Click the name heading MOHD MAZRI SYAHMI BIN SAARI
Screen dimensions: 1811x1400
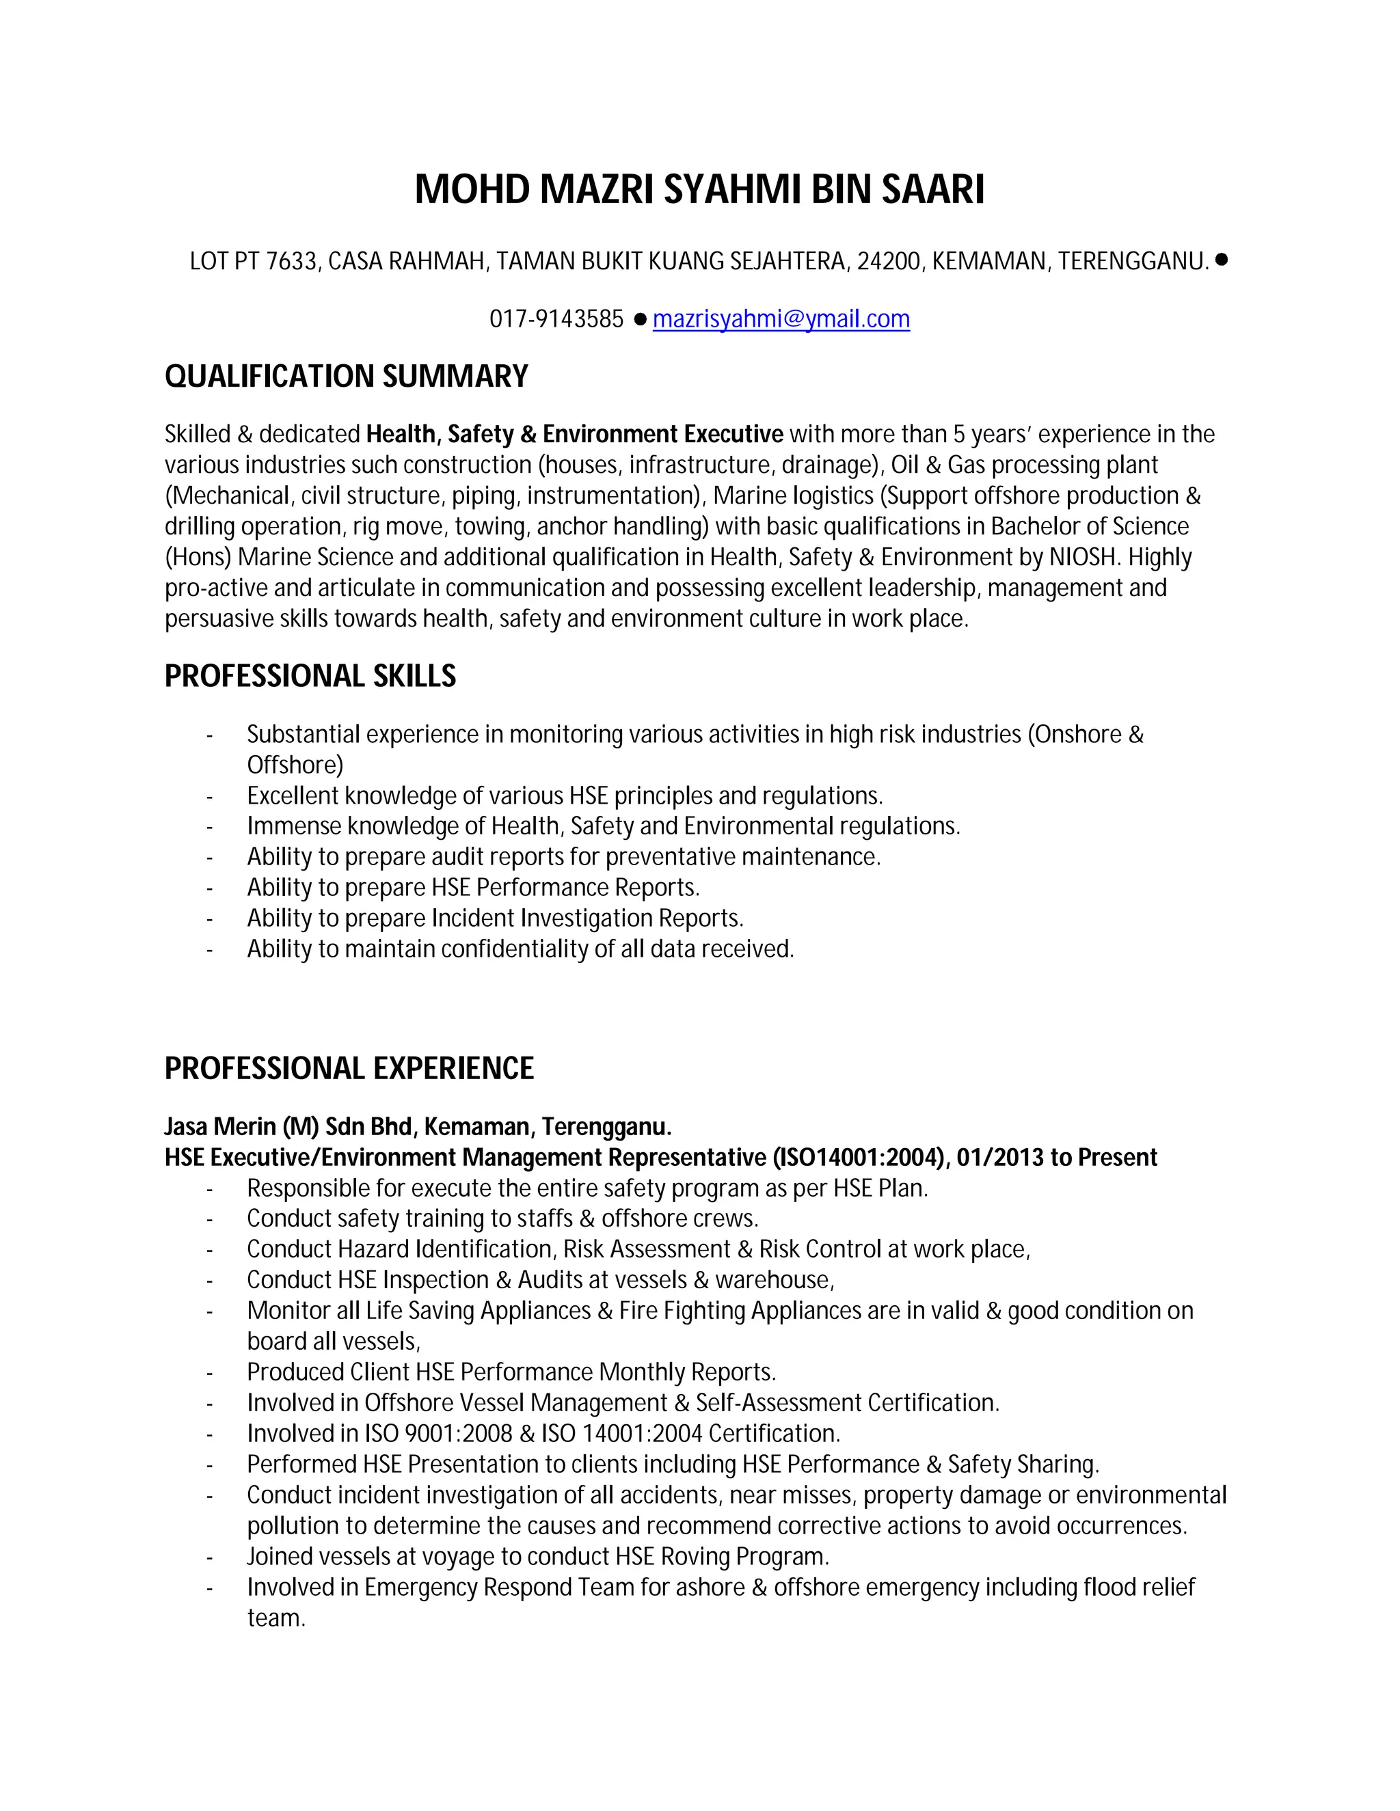(699, 189)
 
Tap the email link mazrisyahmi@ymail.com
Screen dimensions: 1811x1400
(781, 319)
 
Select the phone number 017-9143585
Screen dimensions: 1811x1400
(556, 319)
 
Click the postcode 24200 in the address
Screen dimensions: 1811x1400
(888, 262)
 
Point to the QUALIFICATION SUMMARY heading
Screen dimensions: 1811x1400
(346, 377)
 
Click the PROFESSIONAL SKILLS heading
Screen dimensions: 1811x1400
(310, 677)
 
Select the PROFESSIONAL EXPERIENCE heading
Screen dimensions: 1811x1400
(349, 1068)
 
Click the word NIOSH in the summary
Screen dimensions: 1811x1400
(1081, 557)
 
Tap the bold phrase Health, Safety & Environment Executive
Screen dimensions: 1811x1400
(574, 435)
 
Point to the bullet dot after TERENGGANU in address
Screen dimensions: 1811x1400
(1221, 260)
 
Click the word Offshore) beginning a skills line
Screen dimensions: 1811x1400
(295, 765)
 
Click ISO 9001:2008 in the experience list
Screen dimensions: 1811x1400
(438, 1434)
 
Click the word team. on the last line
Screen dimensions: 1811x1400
(276, 1618)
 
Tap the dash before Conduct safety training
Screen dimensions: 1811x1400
(210, 1220)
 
